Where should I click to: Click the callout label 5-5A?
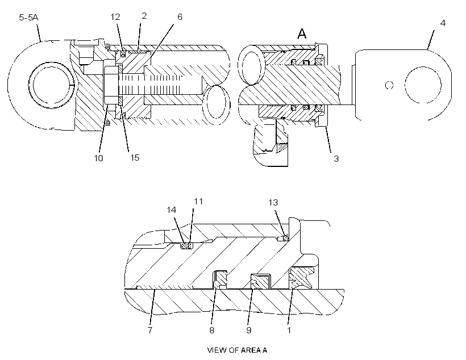(28, 18)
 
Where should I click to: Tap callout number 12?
(115, 17)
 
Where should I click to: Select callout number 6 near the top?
(180, 17)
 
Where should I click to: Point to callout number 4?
(443, 23)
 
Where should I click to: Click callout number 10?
(98, 158)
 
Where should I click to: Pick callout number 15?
(135, 158)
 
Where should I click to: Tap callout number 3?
(336, 159)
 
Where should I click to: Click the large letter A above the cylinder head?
(302, 34)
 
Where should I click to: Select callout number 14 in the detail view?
(171, 210)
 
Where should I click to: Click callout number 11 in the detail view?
(198, 202)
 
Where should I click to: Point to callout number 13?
(273, 203)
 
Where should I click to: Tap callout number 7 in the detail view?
(150, 330)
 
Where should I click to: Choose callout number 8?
(212, 330)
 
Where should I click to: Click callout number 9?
(249, 330)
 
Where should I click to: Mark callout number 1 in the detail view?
(289, 330)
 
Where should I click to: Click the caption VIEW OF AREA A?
(237, 350)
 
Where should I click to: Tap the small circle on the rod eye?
(389, 85)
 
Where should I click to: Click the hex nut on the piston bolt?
(111, 85)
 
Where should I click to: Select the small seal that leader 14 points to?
(186, 246)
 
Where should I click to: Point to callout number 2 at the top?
(144, 16)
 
